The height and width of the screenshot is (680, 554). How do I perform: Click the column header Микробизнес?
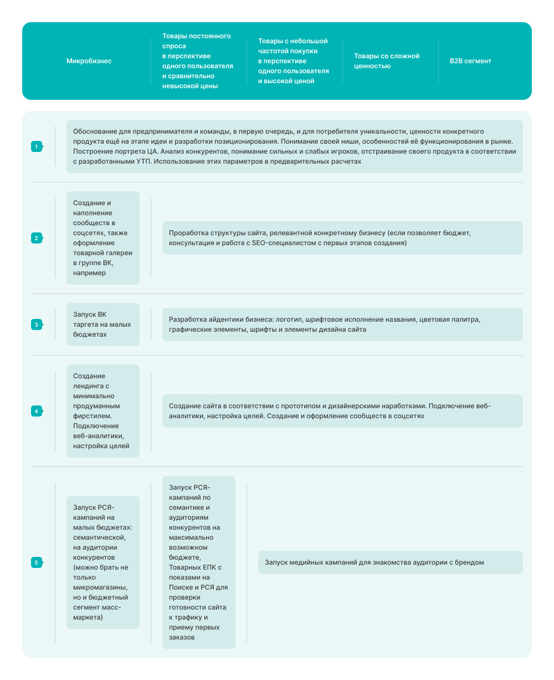[x=89, y=61]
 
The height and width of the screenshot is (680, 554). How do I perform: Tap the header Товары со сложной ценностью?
[x=387, y=61]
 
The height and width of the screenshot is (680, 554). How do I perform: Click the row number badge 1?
[x=37, y=146]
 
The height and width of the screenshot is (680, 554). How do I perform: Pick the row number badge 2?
[x=37, y=238]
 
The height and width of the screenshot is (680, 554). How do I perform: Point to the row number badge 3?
[x=37, y=324]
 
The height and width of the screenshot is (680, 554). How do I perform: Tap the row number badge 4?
[x=37, y=411]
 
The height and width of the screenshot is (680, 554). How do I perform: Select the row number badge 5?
[x=37, y=562]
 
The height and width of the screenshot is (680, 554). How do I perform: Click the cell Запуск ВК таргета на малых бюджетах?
[x=102, y=324]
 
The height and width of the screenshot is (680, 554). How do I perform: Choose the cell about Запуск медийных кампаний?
[x=390, y=562]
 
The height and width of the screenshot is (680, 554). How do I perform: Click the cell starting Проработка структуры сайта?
[x=342, y=238]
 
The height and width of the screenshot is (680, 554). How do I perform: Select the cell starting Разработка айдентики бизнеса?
[x=342, y=324]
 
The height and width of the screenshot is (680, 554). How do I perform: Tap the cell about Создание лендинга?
[x=102, y=411]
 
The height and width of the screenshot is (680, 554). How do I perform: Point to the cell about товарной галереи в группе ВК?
[x=102, y=238]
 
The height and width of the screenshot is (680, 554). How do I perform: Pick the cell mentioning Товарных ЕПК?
[x=198, y=562]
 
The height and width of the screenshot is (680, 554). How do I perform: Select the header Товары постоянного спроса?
[x=197, y=61]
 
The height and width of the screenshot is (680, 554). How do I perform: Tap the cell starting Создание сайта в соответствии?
[x=342, y=411]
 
